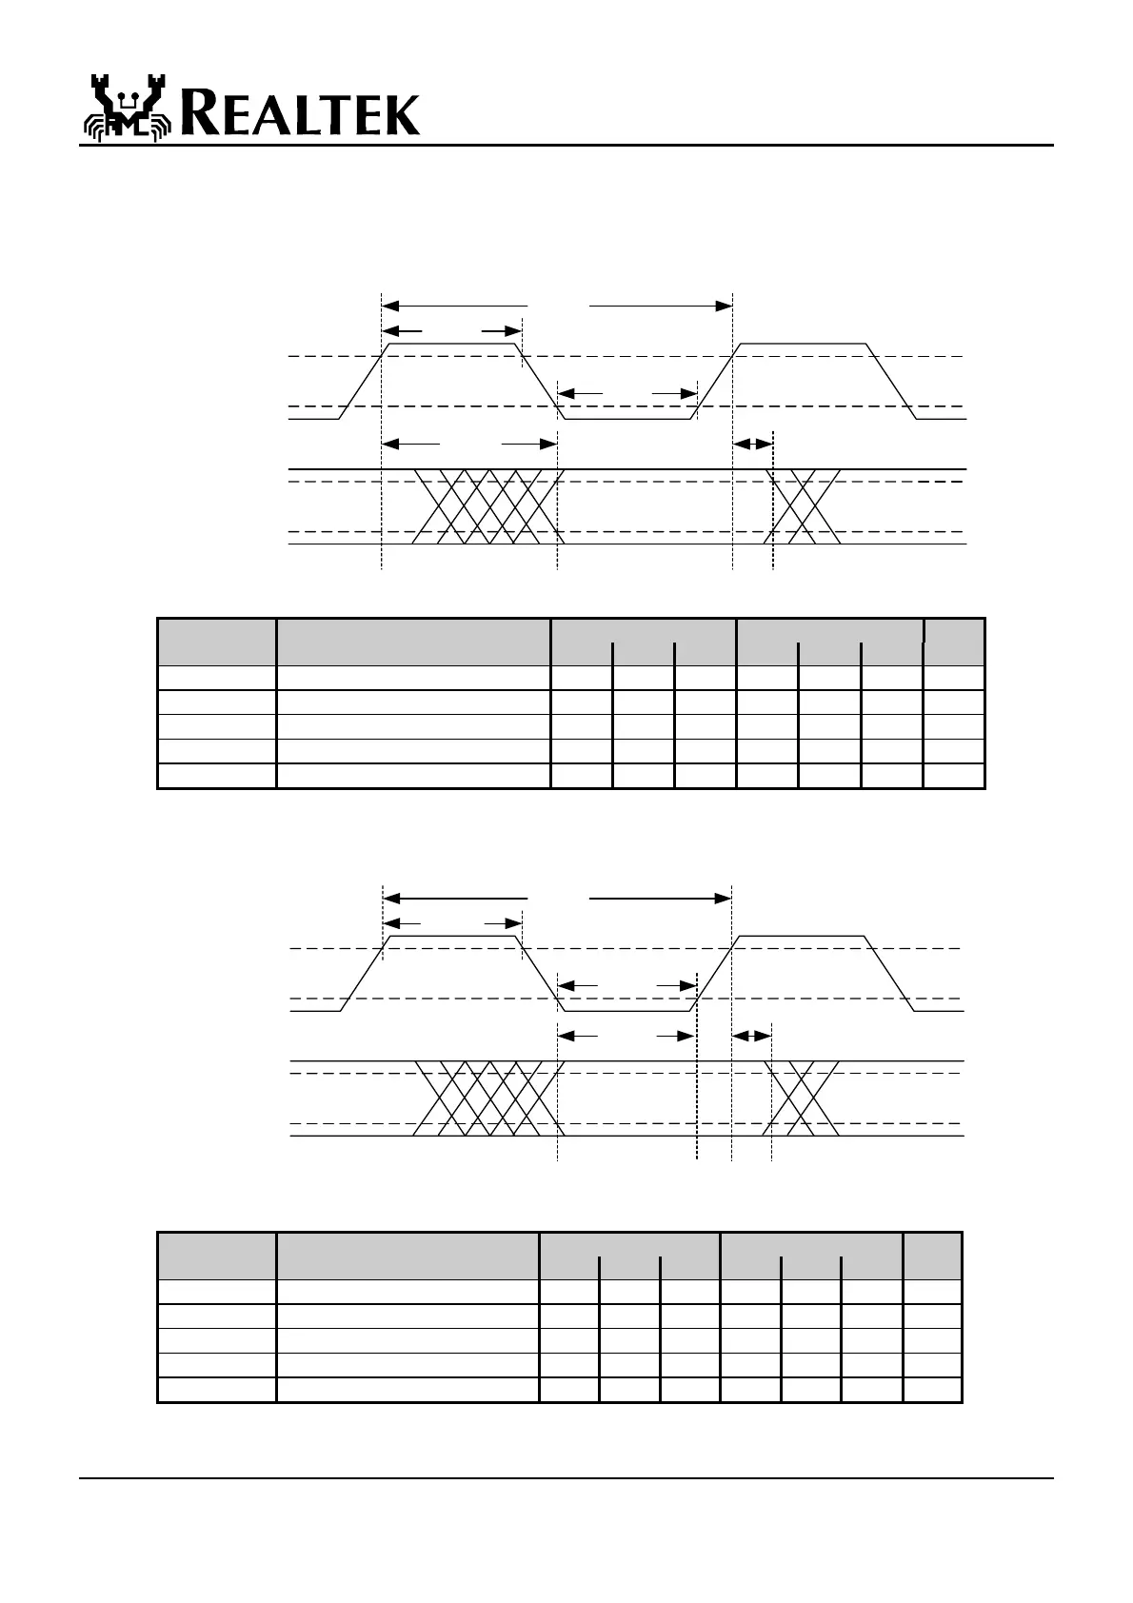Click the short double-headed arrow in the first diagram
click(x=752, y=444)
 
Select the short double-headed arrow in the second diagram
click(x=750, y=1035)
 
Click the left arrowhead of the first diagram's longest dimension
click(x=388, y=306)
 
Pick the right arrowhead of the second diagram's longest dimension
click(x=725, y=898)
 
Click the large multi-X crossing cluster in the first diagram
click(x=487, y=506)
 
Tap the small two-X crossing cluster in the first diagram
click(x=803, y=506)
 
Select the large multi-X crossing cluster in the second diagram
click(x=487, y=1098)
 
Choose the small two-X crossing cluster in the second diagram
click(x=802, y=1098)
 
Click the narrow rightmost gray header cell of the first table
click(x=954, y=642)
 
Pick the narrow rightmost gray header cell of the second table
click(x=932, y=1256)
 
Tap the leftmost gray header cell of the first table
click(x=216, y=642)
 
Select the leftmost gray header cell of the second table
click(x=216, y=1256)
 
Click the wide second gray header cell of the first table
click(x=413, y=642)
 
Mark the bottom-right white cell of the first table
click(x=954, y=776)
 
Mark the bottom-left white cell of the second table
click(x=216, y=1390)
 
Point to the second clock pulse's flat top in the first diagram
click(x=804, y=343)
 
